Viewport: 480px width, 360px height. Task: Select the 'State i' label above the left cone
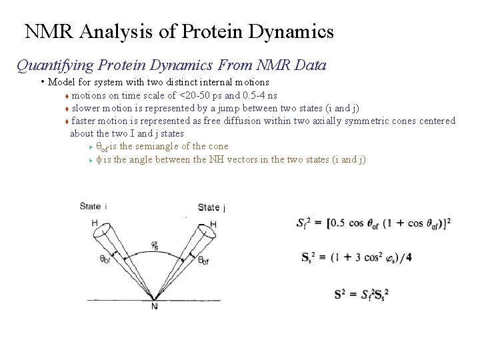(x=93, y=206)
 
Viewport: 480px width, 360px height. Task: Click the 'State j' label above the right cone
(x=211, y=207)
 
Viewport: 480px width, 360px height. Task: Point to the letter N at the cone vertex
(x=154, y=306)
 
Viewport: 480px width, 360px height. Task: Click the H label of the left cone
(x=95, y=223)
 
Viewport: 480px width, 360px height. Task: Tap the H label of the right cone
(x=213, y=224)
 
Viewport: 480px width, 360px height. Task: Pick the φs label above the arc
(x=155, y=245)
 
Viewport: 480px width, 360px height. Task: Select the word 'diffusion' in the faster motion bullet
(x=241, y=121)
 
